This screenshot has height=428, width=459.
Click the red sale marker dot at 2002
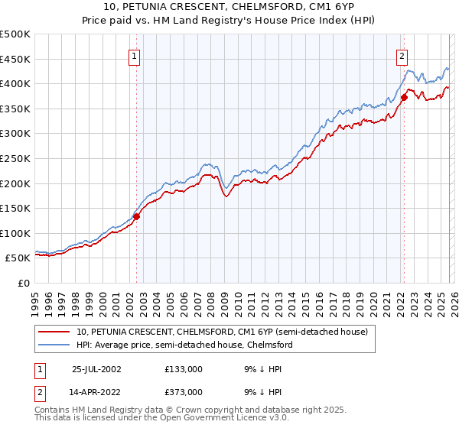(137, 216)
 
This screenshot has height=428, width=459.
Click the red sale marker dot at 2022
(404, 97)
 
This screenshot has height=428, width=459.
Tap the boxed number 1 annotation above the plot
(135, 55)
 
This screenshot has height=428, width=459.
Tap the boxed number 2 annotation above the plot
(402, 55)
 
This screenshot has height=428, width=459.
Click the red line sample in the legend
(55, 332)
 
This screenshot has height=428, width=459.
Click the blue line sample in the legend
(55, 345)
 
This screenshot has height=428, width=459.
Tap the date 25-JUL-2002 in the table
(96, 369)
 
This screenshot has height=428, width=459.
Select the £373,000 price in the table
(184, 391)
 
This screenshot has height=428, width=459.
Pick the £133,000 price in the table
(184, 369)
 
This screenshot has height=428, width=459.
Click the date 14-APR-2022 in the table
(96, 391)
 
